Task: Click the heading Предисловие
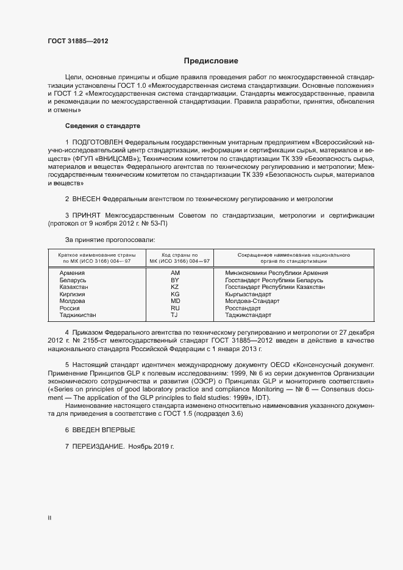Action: coord(211,61)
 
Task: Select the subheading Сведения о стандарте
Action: coord(102,126)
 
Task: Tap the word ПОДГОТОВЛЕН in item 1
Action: coord(102,142)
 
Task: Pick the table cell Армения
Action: coord(71,273)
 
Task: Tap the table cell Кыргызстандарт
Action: coord(248,294)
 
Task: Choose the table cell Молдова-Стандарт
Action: coord(252,301)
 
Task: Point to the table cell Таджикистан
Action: coord(77,316)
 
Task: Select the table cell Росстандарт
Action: coord(243,308)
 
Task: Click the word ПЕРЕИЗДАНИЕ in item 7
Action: coord(98,447)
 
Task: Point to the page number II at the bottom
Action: coord(49,518)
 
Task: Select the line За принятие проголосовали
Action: coord(105,240)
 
